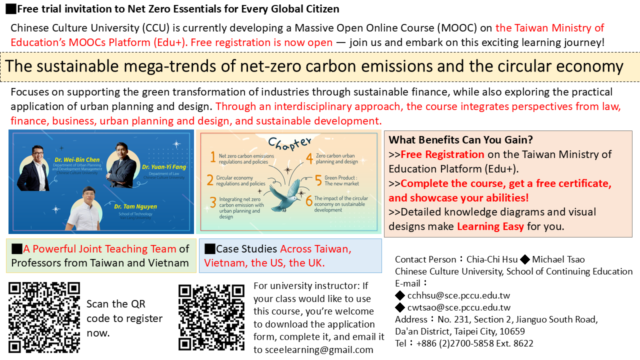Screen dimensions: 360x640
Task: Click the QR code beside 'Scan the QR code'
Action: [x=44, y=317]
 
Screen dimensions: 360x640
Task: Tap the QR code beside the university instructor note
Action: [x=211, y=317]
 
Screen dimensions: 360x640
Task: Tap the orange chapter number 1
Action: [x=212, y=158]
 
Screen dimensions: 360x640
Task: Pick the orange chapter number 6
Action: [x=309, y=201]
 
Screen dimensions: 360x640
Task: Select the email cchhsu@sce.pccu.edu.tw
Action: [x=458, y=295]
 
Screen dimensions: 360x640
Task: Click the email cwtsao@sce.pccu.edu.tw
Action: [x=458, y=307]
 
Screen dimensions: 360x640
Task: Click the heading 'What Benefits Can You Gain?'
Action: [x=460, y=140]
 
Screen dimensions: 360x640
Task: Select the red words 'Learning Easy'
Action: [x=490, y=226]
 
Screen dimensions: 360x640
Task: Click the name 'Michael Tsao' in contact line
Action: [x=558, y=259]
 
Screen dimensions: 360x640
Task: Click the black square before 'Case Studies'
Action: [x=209, y=248]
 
